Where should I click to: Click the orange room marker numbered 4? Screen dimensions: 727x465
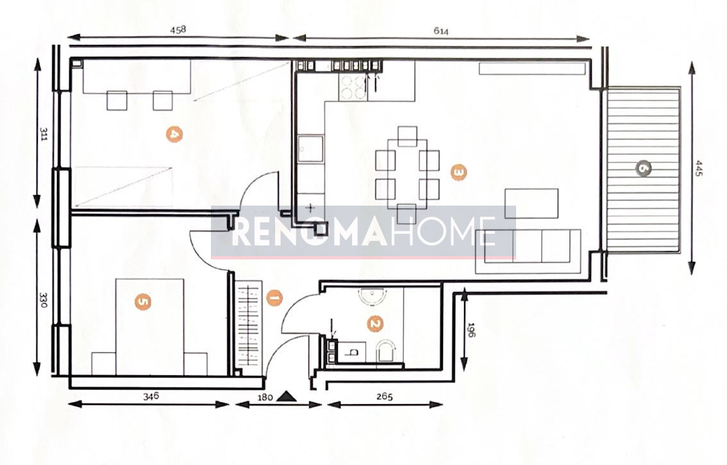(174, 135)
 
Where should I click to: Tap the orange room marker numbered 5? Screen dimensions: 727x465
(143, 302)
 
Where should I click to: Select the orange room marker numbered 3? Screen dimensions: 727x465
(458, 172)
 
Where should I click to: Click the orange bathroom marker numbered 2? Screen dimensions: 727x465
(374, 324)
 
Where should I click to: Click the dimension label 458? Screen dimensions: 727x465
(178, 29)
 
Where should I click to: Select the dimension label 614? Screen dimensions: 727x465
(441, 31)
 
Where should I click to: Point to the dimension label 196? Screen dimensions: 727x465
(472, 330)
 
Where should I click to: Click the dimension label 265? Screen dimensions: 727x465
(384, 396)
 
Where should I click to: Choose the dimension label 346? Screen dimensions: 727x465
(151, 396)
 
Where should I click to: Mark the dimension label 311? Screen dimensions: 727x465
(44, 135)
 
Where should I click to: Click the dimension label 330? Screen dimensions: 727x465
(44, 300)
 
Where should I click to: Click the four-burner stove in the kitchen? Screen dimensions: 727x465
(353, 88)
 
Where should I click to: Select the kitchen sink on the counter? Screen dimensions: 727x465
(310, 149)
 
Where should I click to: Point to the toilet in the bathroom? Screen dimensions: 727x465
(387, 352)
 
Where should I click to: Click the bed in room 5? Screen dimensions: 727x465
(149, 327)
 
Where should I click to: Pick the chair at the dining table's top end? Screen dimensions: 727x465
(407, 136)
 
